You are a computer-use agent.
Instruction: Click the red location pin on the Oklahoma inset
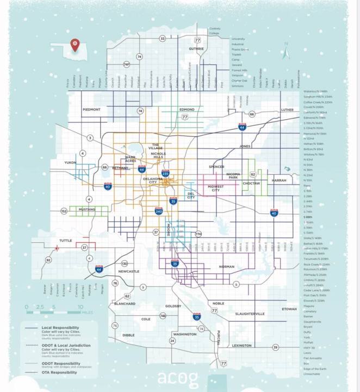tap(76, 45)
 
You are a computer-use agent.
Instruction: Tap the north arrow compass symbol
tap(285, 51)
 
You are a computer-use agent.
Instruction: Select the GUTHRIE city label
tap(196, 48)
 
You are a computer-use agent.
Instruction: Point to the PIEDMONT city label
tap(91, 109)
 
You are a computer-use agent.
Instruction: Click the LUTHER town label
tap(287, 109)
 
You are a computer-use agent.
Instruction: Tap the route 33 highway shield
tap(162, 39)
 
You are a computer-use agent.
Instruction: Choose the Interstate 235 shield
tap(165, 174)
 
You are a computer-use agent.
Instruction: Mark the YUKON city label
tap(71, 162)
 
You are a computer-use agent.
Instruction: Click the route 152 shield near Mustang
tap(64, 211)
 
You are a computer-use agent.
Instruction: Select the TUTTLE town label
tap(66, 240)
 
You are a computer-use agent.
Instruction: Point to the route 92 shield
tap(48, 260)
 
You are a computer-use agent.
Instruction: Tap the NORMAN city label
tap(226, 267)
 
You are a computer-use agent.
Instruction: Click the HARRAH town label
tap(279, 180)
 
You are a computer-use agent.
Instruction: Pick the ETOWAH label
tap(289, 309)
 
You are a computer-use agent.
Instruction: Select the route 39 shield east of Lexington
tap(275, 347)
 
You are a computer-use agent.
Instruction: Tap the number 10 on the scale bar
tap(81, 307)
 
